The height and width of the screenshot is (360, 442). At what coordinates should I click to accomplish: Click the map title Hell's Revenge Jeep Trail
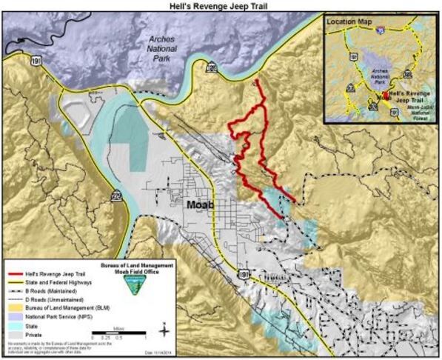pos(221,5)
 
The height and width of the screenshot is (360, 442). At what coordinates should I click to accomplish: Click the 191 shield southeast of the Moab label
pos(244,274)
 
